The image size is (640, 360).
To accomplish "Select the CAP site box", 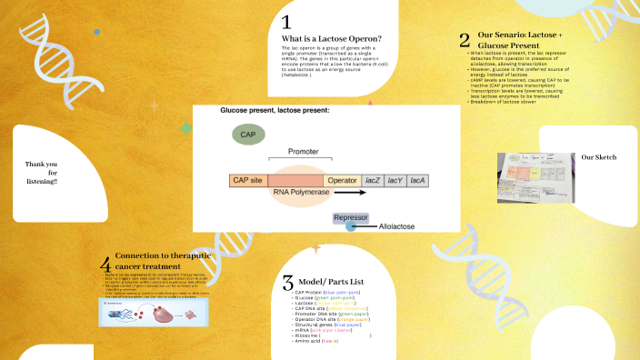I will tap(248, 180).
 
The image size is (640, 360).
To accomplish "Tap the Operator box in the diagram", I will tap(342, 180).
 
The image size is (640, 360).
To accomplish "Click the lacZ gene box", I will tap(373, 180).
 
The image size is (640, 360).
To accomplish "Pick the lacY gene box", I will tap(395, 180).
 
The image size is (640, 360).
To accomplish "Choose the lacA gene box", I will tap(417, 180).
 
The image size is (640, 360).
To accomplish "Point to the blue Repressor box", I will tap(350, 218).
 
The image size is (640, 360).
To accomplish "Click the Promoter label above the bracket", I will tap(304, 151).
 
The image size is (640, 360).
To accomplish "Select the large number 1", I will tap(285, 22).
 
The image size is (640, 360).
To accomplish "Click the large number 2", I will tap(464, 39).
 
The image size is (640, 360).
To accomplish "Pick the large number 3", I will tap(287, 282).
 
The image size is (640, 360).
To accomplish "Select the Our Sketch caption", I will tap(599, 157).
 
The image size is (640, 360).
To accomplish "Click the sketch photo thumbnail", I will tap(536, 171).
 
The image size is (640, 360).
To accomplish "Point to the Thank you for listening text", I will tap(41, 173).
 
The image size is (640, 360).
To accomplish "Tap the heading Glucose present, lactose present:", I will tap(275, 110).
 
